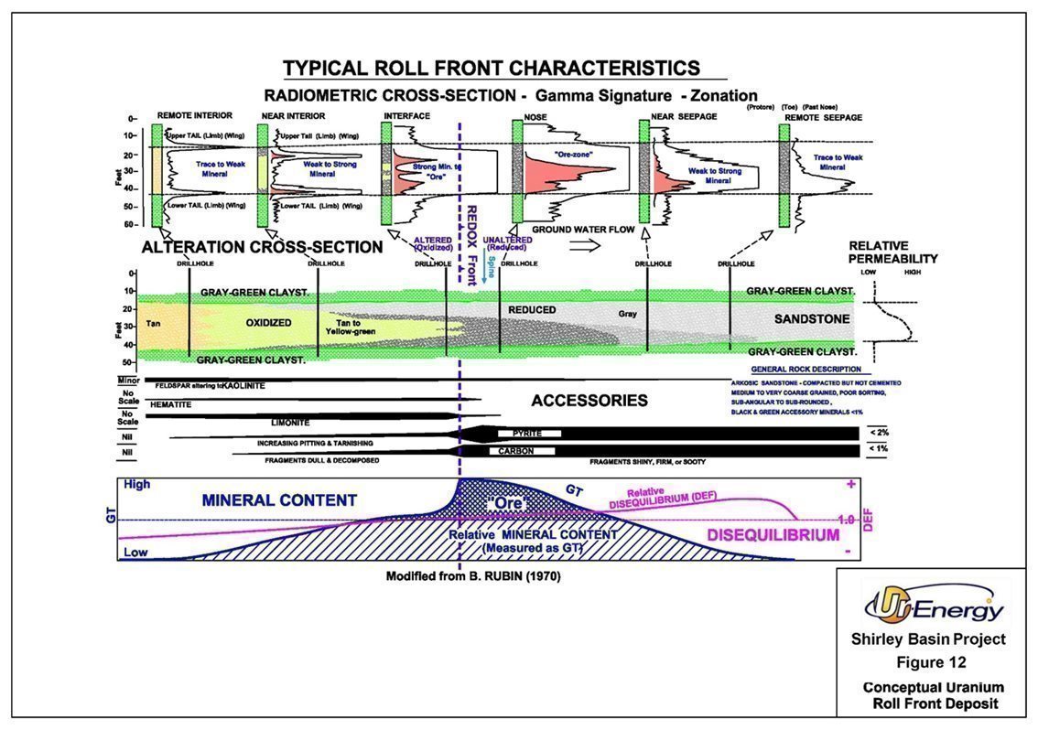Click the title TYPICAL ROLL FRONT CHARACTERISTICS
pyautogui.click(x=492, y=68)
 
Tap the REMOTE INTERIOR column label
pyautogui.click(x=194, y=116)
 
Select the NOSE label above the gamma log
pyautogui.click(x=535, y=117)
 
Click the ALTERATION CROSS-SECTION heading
pyautogui.click(x=262, y=248)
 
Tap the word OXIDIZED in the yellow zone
pyautogui.click(x=267, y=323)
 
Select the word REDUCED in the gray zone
pyautogui.click(x=532, y=310)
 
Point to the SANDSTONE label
pyautogui.click(x=812, y=319)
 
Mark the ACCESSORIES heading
pyautogui.click(x=589, y=401)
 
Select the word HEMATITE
pyautogui.click(x=168, y=403)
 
